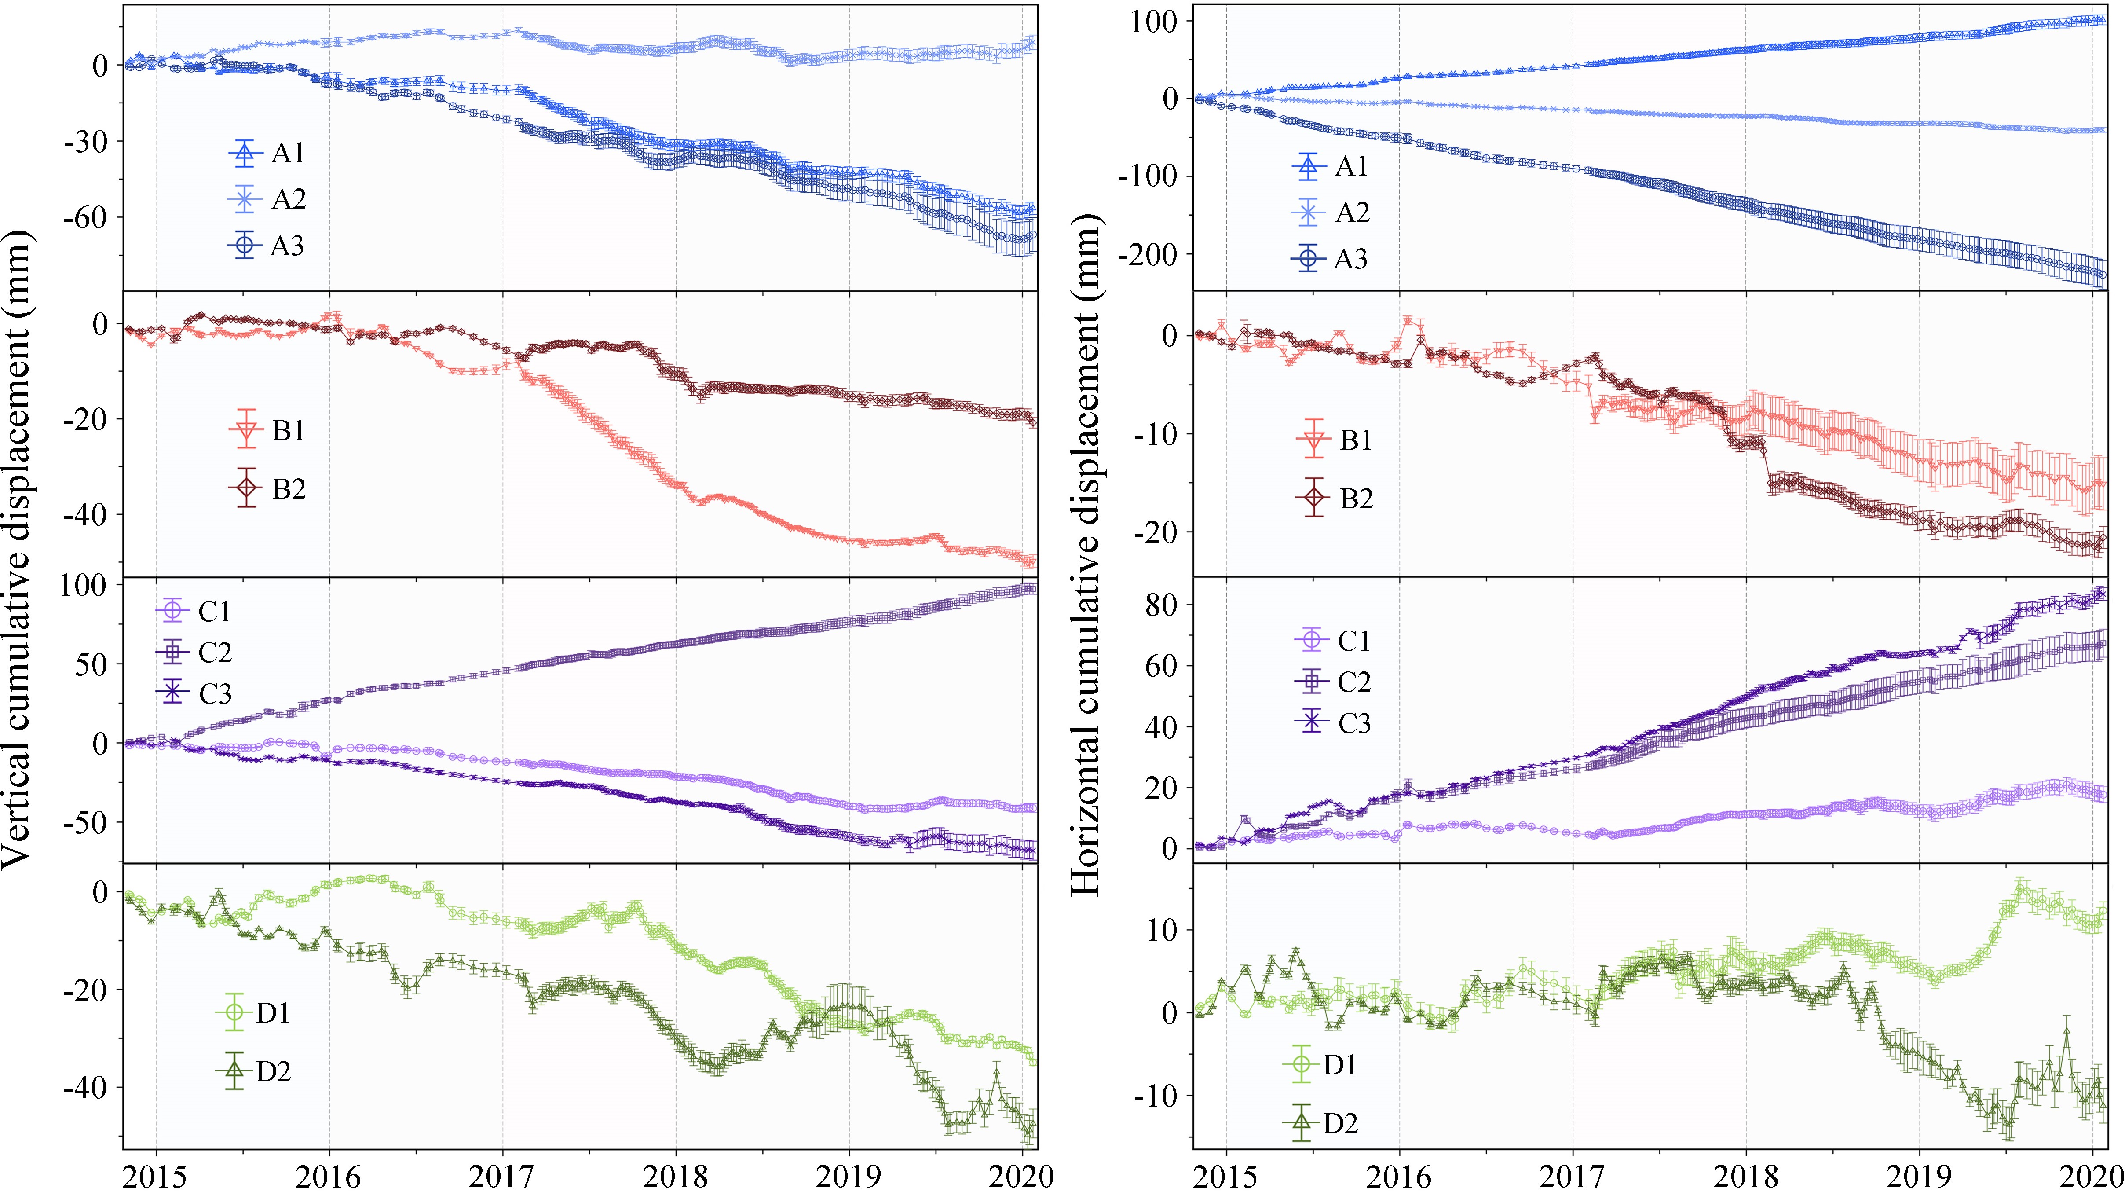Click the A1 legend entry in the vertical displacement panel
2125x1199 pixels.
(x=269, y=153)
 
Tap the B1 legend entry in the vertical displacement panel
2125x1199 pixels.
(x=269, y=430)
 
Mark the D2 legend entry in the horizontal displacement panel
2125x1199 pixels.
(x=1321, y=1122)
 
